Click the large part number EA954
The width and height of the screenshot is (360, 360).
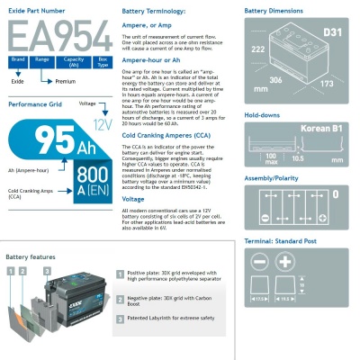click(x=54, y=36)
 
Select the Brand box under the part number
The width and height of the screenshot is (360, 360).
click(x=17, y=60)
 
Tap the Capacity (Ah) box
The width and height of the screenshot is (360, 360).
click(x=74, y=60)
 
